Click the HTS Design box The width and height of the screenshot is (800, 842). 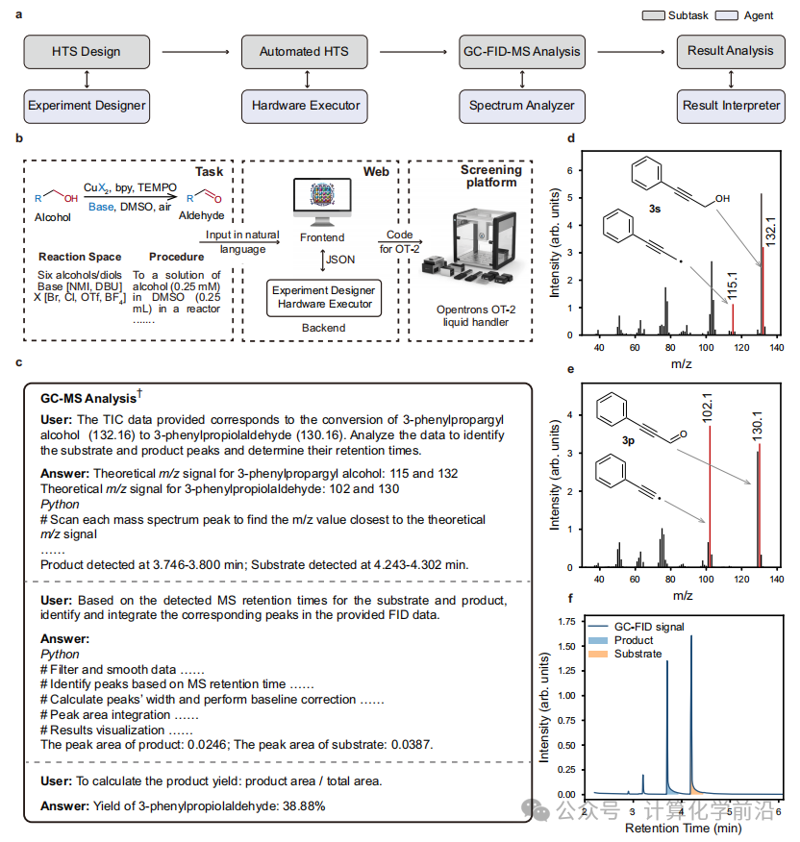click(x=87, y=51)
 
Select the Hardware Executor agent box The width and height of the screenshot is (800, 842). click(x=306, y=105)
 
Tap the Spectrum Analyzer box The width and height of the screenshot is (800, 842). click(x=521, y=105)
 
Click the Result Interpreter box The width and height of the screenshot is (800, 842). click(x=732, y=105)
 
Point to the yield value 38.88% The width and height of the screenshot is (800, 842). click(x=302, y=805)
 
